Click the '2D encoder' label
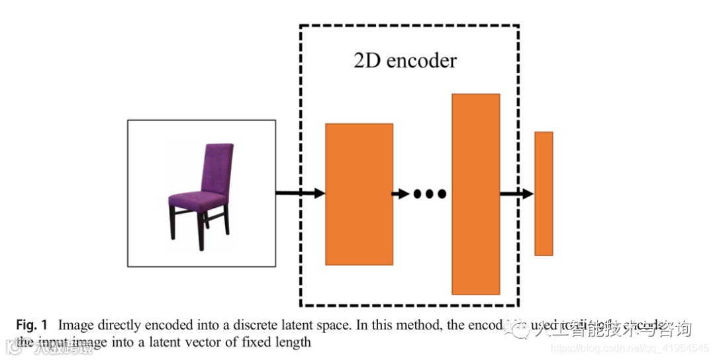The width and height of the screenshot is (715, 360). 405,61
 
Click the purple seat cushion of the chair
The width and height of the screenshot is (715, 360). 197,199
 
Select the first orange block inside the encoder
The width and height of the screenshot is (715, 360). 359,194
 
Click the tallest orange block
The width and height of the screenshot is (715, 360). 475,194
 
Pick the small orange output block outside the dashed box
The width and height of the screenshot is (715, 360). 544,193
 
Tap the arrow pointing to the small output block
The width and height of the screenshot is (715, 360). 516,194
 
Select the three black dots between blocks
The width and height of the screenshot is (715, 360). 430,194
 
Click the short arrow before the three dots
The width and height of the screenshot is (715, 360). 400,194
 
